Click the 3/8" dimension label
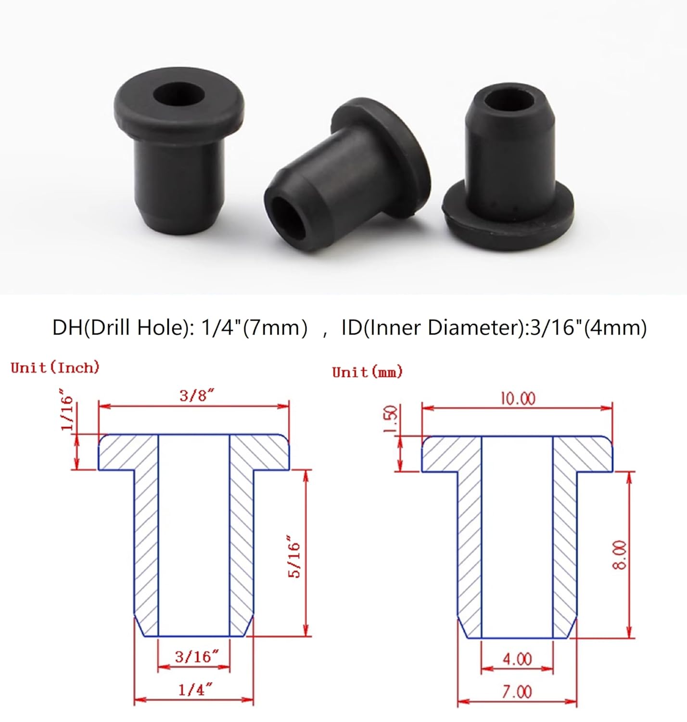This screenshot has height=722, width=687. click(196, 396)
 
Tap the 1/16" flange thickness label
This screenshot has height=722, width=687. click(67, 413)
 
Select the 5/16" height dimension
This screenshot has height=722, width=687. click(294, 556)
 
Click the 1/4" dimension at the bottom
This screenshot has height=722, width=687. click(195, 689)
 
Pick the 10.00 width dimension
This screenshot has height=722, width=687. click(518, 399)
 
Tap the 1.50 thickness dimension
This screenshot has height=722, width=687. click(391, 419)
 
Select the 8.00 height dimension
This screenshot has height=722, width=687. click(620, 555)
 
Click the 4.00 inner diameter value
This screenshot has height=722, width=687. click(517, 659)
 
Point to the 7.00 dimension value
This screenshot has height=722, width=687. click(517, 692)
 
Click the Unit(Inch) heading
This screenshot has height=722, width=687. click(55, 368)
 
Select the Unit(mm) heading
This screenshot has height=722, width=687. click(367, 372)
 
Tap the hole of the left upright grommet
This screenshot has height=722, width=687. click(178, 93)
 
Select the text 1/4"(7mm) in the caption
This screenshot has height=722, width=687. click(254, 328)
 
